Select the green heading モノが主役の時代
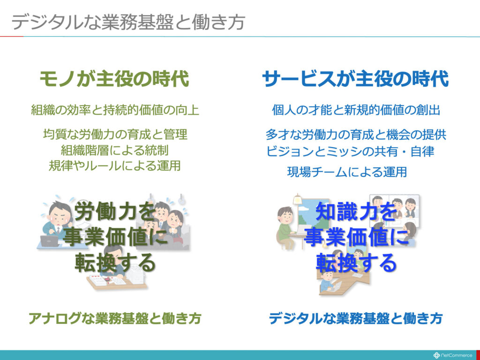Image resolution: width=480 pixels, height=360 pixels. point(114,79)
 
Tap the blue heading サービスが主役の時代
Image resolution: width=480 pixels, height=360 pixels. point(355,79)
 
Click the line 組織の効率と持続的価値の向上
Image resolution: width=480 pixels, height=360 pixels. point(115,110)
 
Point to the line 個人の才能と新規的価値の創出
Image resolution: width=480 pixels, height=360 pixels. point(356,110)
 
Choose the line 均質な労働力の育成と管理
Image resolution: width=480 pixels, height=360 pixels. point(115,135)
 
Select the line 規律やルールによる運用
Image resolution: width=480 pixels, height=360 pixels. point(115,165)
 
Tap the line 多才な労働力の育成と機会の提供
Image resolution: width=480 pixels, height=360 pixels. point(356,135)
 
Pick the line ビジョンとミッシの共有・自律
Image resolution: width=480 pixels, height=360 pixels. point(350,151)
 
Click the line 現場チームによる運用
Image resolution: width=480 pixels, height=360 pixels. point(347,172)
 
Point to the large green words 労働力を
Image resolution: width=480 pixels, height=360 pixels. point(115,211)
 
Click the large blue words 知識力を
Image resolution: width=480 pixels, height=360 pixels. point(356,211)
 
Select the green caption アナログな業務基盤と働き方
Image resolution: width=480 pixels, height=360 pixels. point(115,318)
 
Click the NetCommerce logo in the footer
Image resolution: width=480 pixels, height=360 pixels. point(453,355)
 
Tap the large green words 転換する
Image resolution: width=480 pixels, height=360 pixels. point(115,262)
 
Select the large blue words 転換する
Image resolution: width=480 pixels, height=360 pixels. point(356,262)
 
